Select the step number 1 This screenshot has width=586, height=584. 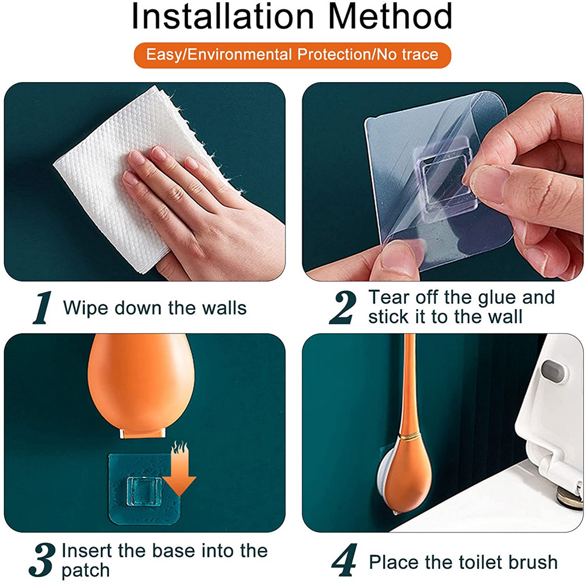pyautogui.click(x=41, y=310)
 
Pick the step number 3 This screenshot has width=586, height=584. pyautogui.click(x=43, y=560)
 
